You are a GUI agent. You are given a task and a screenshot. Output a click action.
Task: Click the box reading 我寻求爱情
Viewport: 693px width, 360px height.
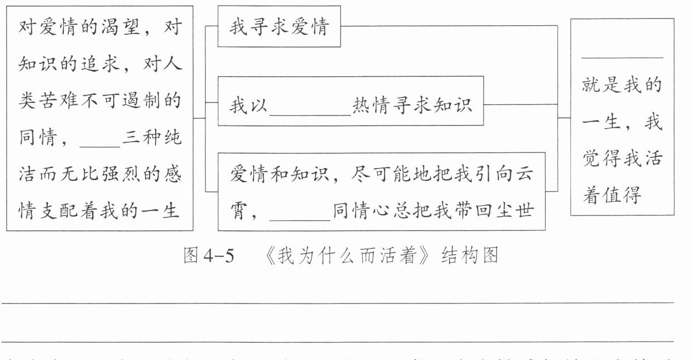pos(279,27)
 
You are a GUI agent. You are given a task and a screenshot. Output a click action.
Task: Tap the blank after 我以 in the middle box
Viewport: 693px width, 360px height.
pos(310,106)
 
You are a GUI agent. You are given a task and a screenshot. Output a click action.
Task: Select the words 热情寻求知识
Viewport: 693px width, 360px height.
pos(413,105)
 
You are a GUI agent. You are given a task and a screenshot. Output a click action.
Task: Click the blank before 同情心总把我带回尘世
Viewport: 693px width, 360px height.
pos(299,213)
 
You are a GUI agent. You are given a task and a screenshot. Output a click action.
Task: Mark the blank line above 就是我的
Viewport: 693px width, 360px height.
pos(622,57)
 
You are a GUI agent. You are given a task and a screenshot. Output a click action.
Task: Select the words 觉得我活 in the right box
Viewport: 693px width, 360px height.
pos(622,158)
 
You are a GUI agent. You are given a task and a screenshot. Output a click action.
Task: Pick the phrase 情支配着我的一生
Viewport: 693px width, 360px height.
pos(99,212)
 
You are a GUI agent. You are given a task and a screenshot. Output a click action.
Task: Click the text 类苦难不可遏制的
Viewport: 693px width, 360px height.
pos(99,101)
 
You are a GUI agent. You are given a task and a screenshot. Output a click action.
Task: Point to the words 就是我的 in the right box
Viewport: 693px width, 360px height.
pos(622,86)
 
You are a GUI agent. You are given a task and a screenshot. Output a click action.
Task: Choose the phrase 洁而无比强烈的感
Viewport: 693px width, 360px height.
pos(99,175)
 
